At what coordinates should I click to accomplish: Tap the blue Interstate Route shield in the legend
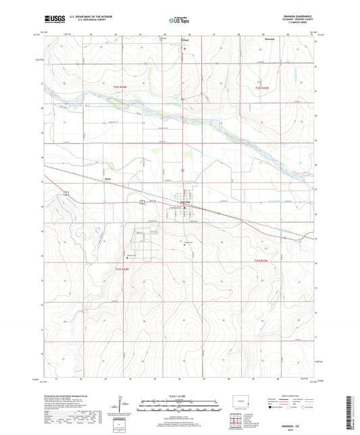[x=272, y=408]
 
